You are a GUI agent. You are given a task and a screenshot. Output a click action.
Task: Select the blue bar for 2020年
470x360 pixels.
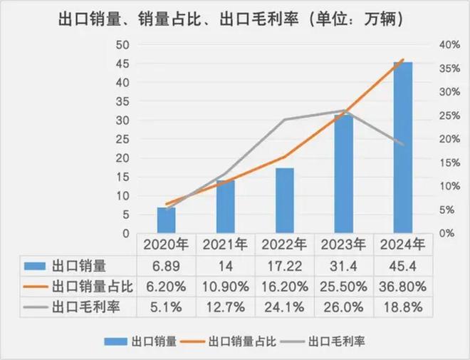click(x=166, y=220)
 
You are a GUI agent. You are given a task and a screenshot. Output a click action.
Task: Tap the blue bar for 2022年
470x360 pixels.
click(x=285, y=200)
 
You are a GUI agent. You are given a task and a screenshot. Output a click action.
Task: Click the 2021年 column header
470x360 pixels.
click(x=225, y=245)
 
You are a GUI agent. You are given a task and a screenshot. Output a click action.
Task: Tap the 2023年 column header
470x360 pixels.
click(x=343, y=245)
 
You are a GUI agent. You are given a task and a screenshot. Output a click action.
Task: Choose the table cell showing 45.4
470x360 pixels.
click(x=402, y=267)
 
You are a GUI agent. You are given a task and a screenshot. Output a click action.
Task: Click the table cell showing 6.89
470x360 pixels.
click(x=166, y=267)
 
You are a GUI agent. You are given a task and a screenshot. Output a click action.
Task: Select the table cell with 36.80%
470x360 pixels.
click(x=402, y=287)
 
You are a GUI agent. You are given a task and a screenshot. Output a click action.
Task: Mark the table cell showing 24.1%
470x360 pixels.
click(x=284, y=309)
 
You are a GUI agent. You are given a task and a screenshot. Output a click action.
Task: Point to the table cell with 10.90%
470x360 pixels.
click(x=225, y=287)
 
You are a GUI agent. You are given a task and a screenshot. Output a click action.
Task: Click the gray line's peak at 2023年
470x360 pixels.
click(x=344, y=110)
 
